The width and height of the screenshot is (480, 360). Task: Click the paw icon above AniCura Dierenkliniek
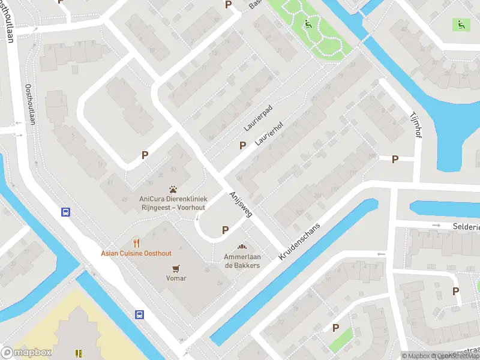173,188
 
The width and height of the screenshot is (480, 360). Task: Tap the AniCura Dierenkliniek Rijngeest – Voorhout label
173,203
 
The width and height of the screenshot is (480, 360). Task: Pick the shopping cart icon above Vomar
176,268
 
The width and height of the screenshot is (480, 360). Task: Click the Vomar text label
176,278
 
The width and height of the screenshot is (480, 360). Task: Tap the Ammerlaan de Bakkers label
242,261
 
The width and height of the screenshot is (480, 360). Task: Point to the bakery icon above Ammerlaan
242,247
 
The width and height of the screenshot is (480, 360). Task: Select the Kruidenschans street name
300,241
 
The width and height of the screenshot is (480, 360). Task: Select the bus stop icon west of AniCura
65,212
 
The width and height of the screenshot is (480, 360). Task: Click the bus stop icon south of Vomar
139,314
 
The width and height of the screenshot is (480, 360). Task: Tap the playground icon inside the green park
308,25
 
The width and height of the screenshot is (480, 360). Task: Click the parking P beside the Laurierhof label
243,145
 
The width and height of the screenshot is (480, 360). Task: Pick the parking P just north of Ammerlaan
226,229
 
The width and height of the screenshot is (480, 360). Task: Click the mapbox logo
26,352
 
